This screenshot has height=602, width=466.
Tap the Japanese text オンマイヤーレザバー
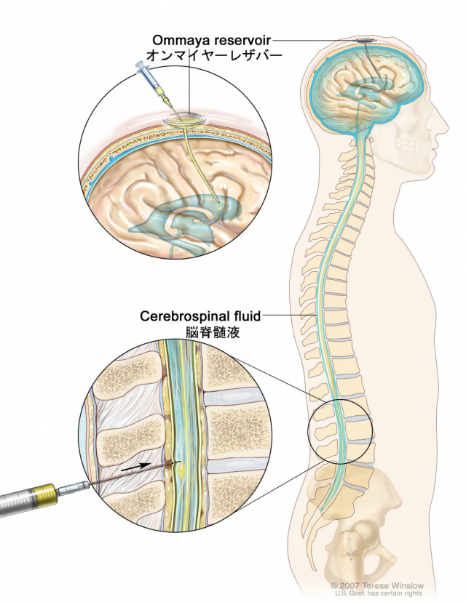[215, 56]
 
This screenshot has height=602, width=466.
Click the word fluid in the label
[245, 316]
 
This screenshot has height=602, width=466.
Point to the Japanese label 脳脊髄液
[212, 332]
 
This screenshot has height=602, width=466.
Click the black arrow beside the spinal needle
[135, 467]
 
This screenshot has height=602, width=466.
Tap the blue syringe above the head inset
[154, 85]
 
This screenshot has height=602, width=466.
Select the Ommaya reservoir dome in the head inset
[185, 119]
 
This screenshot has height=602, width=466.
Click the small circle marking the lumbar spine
[340, 431]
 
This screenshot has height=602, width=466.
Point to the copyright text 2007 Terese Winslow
[377, 586]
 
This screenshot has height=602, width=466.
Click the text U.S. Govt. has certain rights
[379, 593]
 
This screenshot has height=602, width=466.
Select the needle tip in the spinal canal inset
[179, 462]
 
